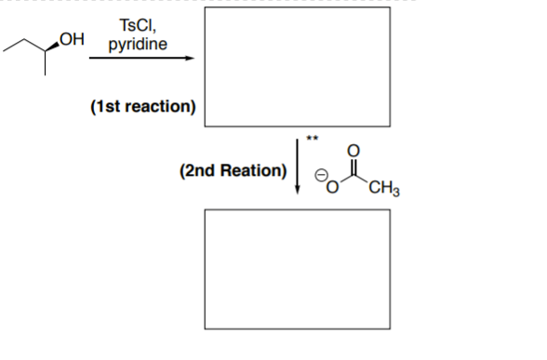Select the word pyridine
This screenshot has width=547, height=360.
137,44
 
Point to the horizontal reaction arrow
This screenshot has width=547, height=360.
140,59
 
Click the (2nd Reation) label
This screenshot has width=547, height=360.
232,170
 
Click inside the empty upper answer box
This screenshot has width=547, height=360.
297,70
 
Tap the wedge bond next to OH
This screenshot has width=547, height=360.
52,43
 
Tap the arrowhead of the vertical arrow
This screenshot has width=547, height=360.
297,191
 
